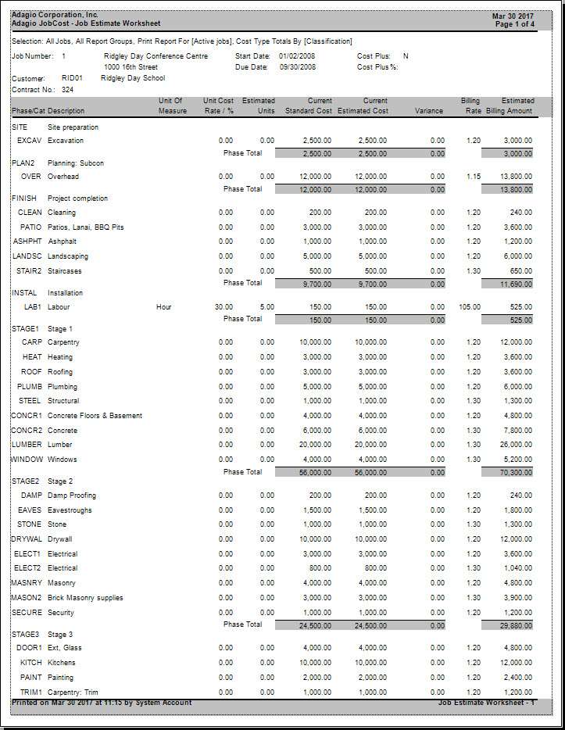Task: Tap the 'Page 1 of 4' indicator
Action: (x=515, y=24)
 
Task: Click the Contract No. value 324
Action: (x=67, y=90)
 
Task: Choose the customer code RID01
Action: (x=72, y=78)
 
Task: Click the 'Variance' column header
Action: (x=429, y=111)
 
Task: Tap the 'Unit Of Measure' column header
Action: (x=170, y=106)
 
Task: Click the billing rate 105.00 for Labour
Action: (x=470, y=307)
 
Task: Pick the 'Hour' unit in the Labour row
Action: (x=165, y=307)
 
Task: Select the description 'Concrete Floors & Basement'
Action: (x=95, y=416)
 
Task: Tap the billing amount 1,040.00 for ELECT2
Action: (x=517, y=568)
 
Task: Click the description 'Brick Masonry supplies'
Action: (x=85, y=598)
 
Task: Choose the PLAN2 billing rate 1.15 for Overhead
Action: (x=473, y=177)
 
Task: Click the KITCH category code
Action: (x=31, y=663)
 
